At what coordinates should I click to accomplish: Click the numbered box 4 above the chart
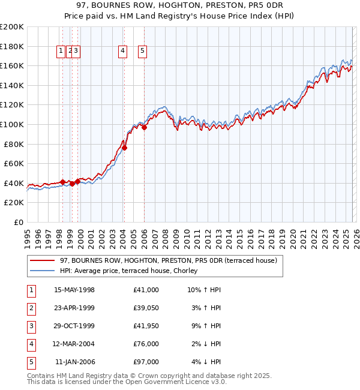tap(122, 52)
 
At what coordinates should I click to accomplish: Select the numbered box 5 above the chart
tap(143, 52)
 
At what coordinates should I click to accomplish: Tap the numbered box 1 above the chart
tap(61, 52)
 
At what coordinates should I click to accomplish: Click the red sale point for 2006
tap(145, 127)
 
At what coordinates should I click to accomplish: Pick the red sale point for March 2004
tap(125, 148)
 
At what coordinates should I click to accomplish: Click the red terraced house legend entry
tap(168, 260)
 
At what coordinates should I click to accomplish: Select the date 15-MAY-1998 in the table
tap(74, 290)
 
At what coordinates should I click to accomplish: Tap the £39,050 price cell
tap(146, 308)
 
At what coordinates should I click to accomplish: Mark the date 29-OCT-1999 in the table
tap(74, 326)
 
